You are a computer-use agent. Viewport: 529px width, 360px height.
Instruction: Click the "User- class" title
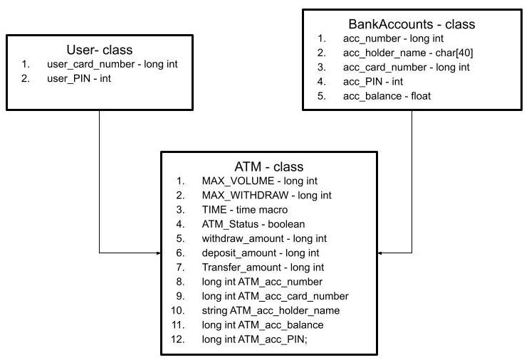point(99,50)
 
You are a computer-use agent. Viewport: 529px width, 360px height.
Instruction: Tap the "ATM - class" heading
point(268,166)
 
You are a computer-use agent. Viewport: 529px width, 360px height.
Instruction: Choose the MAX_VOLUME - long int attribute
point(258,181)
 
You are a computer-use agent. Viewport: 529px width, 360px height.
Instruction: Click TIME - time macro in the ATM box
point(245,210)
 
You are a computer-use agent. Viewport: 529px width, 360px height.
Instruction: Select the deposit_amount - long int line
point(260,253)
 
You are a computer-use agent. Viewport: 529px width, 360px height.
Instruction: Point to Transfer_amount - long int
point(263,268)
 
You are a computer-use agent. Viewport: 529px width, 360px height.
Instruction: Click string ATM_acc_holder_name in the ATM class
point(271,310)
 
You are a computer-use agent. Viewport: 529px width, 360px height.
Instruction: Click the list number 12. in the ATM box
point(178,339)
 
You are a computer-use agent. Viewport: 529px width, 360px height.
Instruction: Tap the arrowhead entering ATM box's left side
point(158,253)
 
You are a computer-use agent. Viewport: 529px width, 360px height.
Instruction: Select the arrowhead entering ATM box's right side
point(379,253)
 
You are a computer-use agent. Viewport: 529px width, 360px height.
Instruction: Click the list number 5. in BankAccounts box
point(321,95)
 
